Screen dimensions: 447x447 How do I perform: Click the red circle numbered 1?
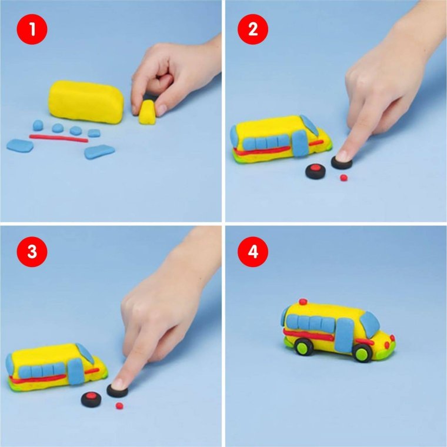tap(32, 29)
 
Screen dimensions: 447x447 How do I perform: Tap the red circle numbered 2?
tap(253, 29)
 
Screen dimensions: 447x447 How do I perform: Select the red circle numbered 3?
tap(32, 252)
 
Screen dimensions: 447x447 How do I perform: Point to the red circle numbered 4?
tap(253, 252)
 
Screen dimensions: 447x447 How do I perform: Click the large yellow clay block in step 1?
tap(86, 102)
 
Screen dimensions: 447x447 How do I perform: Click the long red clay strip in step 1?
tap(59, 138)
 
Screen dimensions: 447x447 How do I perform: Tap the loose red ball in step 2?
tap(344, 178)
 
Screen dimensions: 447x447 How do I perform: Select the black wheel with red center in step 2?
tap(315, 171)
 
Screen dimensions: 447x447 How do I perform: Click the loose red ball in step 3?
tap(119, 405)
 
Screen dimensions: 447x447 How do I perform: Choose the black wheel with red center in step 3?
tap(91, 399)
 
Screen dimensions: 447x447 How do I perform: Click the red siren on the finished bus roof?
tap(303, 302)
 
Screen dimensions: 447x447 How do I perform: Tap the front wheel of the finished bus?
tap(363, 353)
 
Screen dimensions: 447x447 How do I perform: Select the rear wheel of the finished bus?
tap(304, 347)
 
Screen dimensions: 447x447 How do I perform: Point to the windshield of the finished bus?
tap(370, 324)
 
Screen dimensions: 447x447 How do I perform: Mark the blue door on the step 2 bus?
tap(299, 144)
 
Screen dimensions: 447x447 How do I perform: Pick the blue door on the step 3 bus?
tap(75, 372)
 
